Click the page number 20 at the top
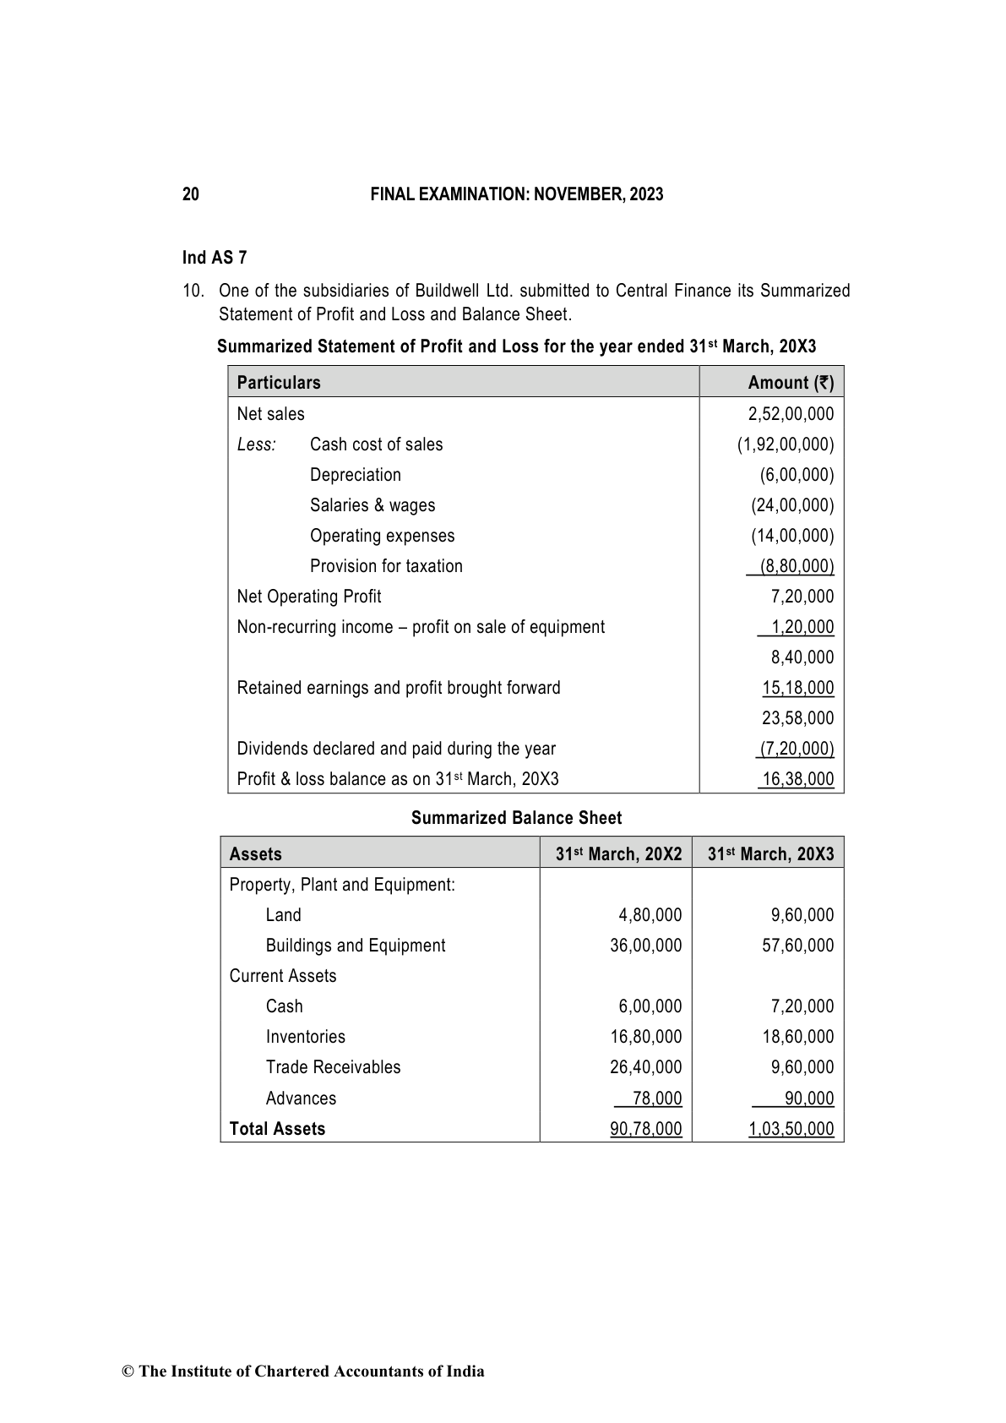(x=191, y=194)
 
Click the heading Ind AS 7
(x=215, y=258)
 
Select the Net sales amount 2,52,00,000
(x=791, y=414)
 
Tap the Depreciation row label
(x=356, y=475)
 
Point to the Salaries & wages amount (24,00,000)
(x=792, y=505)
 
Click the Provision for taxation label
(x=386, y=566)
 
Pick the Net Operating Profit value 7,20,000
(x=802, y=597)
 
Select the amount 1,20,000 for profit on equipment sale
(x=802, y=627)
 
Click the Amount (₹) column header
(x=791, y=383)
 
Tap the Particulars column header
(x=279, y=383)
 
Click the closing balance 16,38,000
(x=797, y=779)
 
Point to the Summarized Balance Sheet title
(x=516, y=818)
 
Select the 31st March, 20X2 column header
(x=618, y=854)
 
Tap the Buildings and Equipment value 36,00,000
(x=645, y=946)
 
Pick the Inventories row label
(x=305, y=1037)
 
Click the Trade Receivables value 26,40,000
(x=645, y=1067)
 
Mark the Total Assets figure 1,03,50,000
(x=791, y=1129)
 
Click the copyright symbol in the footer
(x=128, y=1371)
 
